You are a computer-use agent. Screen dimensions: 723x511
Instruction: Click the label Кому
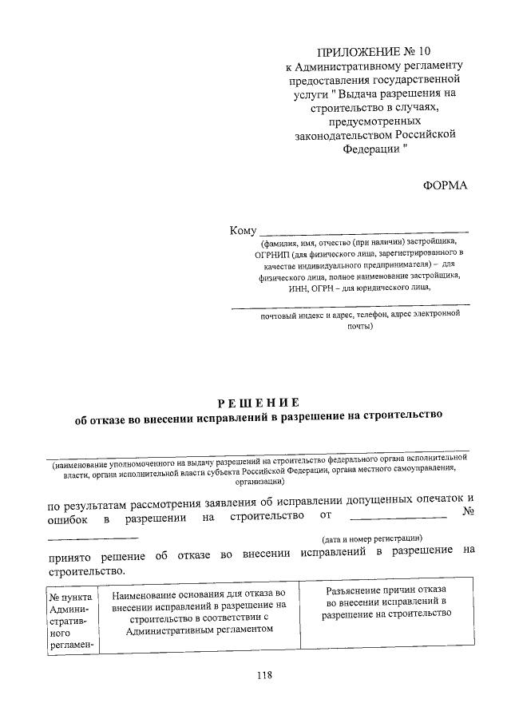pyautogui.click(x=243, y=230)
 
